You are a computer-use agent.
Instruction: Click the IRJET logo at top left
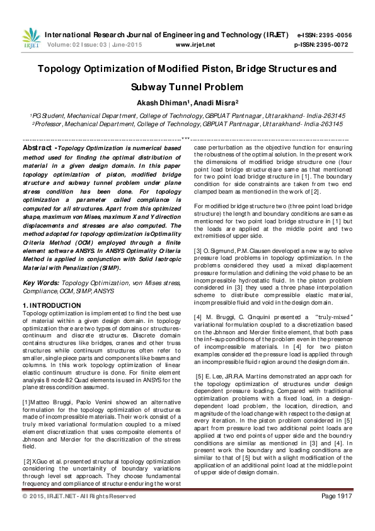(x=31, y=38)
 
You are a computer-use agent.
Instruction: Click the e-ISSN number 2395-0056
(x=337, y=35)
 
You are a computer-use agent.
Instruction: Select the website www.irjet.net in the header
(x=195, y=45)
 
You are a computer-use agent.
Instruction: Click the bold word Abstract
(x=37, y=148)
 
